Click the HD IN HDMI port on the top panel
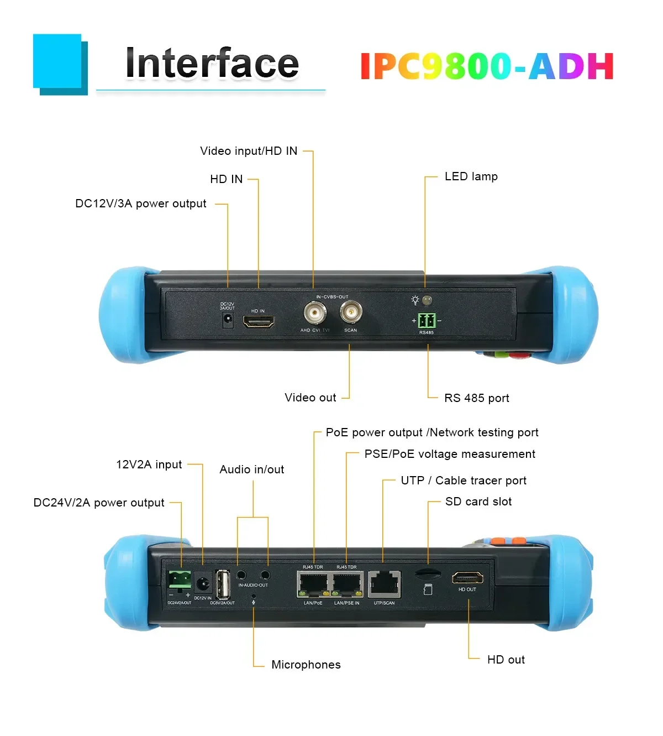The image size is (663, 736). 258,322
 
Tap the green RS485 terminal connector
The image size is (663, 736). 427,320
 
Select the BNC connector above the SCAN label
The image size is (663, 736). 351,313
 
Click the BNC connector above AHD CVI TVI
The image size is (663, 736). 314,314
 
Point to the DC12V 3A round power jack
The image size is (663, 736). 227,319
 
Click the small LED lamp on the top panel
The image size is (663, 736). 427,300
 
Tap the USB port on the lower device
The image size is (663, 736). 223,584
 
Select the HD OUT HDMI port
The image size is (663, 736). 467,578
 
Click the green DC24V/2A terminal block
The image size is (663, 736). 180,580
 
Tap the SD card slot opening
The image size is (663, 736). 427,573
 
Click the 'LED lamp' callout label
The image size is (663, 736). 471,176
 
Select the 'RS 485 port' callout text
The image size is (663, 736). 476,398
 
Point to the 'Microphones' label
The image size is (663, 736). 306,665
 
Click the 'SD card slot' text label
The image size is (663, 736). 478,502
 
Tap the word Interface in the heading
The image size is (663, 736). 212,64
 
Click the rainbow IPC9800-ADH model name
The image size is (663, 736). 487,66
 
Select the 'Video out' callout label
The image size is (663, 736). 310,398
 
